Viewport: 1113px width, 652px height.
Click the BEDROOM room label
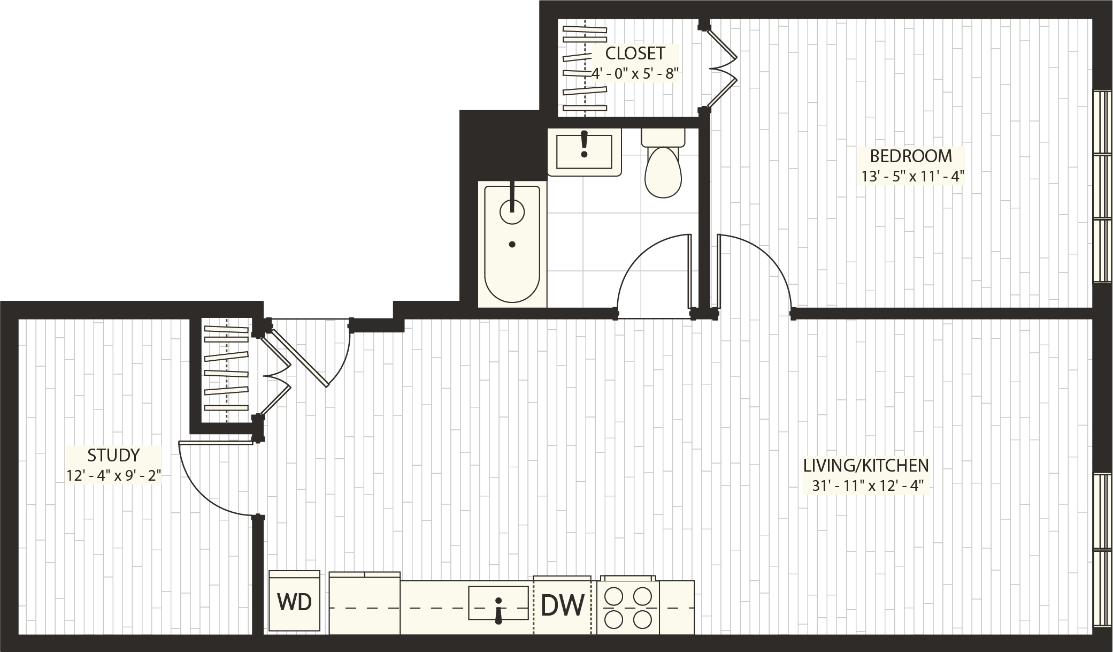tap(911, 156)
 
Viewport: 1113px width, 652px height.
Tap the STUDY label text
tap(113, 456)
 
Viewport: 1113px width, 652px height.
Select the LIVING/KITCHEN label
tap(866, 465)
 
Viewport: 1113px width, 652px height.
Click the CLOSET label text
tap(635, 54)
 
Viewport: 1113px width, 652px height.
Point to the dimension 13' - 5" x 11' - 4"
tap(911, 176)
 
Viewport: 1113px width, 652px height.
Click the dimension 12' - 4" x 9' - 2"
tap(113, 475)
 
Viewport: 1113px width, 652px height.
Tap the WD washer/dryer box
tap(294, 602)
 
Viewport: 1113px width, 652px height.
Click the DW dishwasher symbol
tap(563, 606)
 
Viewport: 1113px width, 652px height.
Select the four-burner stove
tap(628, 608)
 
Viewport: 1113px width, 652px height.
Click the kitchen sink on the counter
tap(498, 603)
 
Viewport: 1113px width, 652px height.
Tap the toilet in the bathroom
tap(663, 166)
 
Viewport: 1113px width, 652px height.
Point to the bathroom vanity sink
tap(584, 151)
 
